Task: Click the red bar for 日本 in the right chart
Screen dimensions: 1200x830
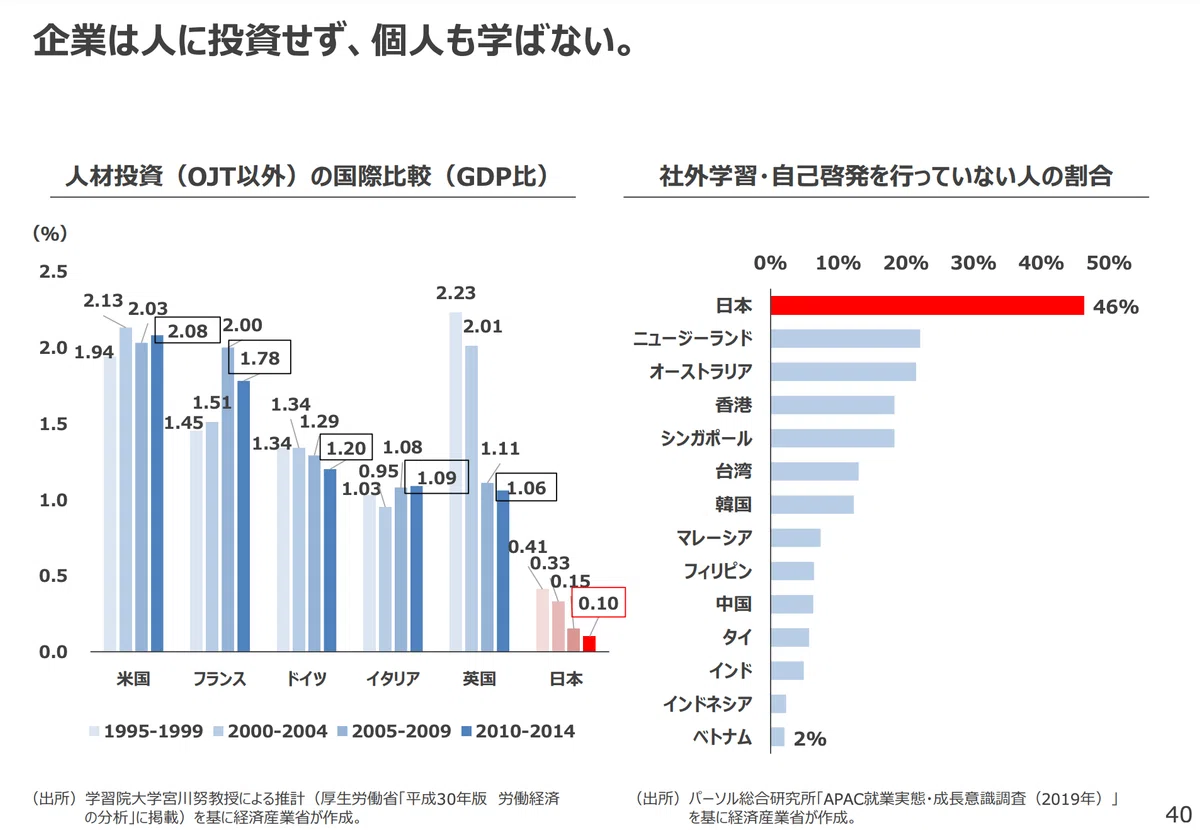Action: tap(927, 305)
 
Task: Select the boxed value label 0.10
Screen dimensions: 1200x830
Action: tap(598, 602)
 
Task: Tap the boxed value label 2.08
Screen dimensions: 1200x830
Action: tap(188, 330)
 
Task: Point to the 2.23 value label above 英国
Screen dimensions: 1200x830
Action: tap(456, 293)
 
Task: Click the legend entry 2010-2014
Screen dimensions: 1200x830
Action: tap(518, 731)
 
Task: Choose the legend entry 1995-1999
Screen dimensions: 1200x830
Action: tap(146, 731)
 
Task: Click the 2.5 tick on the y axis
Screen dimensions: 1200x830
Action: tap(53, 272)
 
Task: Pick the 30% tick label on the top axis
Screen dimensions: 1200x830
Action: tap(973, 263)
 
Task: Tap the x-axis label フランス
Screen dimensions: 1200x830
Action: tap(220, 679)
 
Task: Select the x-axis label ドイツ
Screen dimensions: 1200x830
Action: tap(306, 679)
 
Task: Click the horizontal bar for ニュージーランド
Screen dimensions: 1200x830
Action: tap(845, 339)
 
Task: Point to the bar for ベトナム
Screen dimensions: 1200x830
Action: tap(778, 737)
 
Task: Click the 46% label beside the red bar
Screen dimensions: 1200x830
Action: tap(1116, 307)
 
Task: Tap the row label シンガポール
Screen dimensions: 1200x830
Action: tap(706, 438)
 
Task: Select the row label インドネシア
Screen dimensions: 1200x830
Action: tap(707, 704)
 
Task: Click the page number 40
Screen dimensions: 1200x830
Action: tap(1178, 814)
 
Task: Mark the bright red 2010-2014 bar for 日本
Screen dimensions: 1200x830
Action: tap(589, 644)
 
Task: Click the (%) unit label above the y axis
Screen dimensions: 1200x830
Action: tap(50, 233)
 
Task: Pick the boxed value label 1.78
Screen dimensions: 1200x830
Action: tap(260, 357)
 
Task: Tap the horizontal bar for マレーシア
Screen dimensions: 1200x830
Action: tap(796, 538)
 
